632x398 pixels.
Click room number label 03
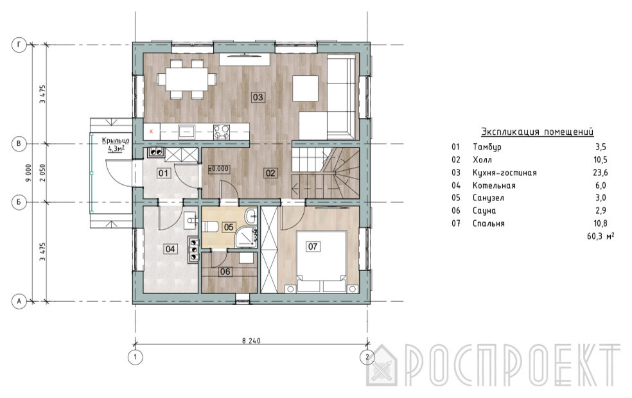click(258, 97)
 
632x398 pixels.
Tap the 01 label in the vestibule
click(163, 173)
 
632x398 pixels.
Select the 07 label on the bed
click(312, 246)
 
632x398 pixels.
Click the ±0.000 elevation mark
click(218, 169)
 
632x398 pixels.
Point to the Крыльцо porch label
click(116, 141)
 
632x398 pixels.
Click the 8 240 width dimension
click(251, 341)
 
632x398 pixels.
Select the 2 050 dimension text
click(42, 173)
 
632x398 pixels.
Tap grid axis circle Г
click(19, 45)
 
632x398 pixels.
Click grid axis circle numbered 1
click(135, 357)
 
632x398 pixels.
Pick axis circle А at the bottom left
click(19, 301)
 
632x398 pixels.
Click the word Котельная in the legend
click(494, 186)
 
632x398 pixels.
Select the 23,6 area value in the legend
click(600, 173)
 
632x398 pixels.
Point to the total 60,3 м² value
click(601, 236)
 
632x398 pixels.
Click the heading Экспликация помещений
click(538, 132)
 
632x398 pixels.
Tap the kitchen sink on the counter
click(187, 132)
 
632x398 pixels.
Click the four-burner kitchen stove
click(222, 132)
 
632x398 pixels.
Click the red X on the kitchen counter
click(151, 132)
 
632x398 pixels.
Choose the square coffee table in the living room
click(306, 88)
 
